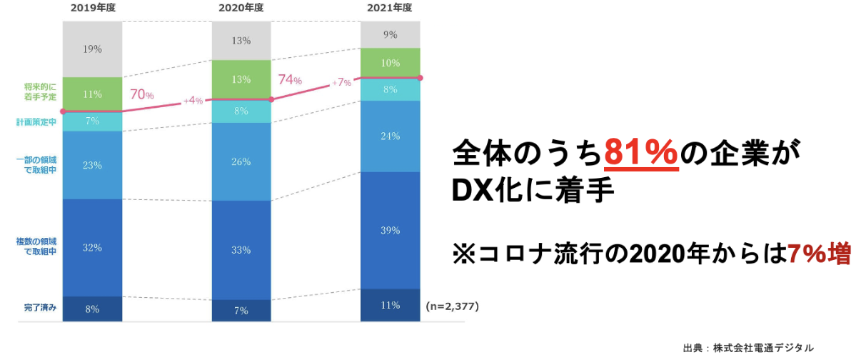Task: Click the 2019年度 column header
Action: click(92, 8)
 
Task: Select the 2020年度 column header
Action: click(241, 8)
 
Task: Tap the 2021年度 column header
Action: click(390, 8)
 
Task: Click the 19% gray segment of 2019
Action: click(92, 49)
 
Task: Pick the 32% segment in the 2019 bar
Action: click(92, 248)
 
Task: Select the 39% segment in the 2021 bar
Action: click(390, 230)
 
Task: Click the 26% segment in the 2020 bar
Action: click(241, 161)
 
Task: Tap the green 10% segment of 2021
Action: click(390, 63)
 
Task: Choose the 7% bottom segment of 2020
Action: click(241, 310)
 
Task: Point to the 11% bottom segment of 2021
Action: click(390, 305)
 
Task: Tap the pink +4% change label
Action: click(193, 101)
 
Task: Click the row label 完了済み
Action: click(39, 309)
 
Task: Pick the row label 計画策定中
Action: click(39, 121)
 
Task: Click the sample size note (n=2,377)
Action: click(452, 306)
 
